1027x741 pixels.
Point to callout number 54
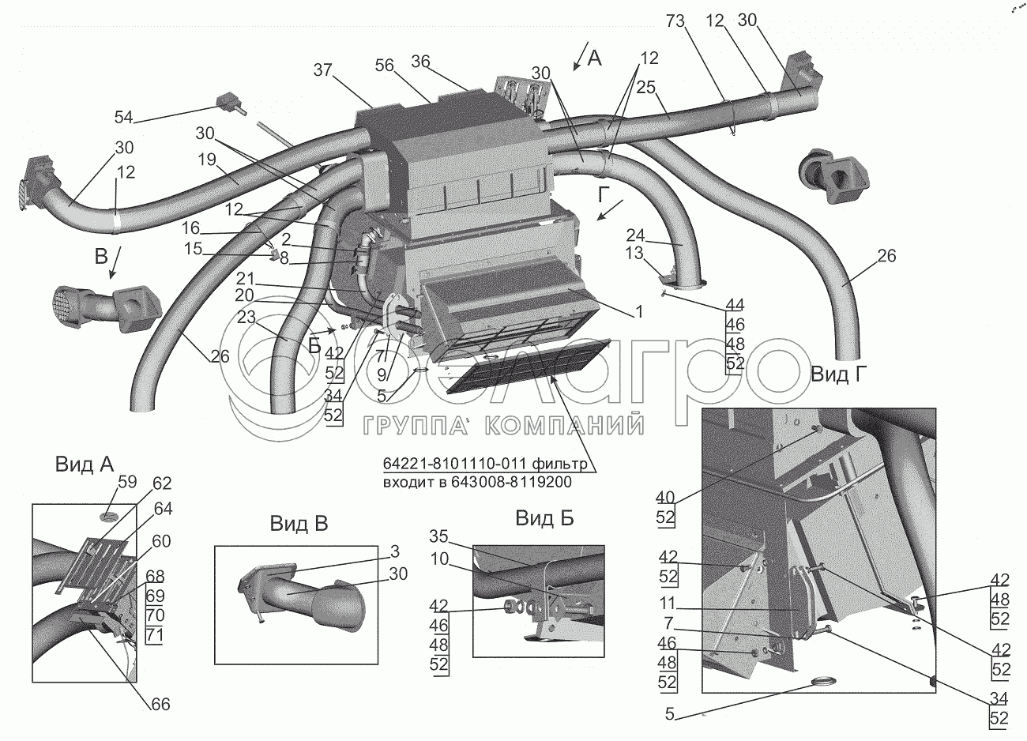pyautogui.click(x=123, y=118)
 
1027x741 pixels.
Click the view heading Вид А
pyautogui.click(x=85, y=465)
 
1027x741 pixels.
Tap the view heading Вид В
pyautogui.click(x=299, y=523)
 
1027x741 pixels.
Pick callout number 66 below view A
pyautogui.click(x=160, y=704)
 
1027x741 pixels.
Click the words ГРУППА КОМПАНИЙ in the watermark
pyautogui.click(x=503, y=426)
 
